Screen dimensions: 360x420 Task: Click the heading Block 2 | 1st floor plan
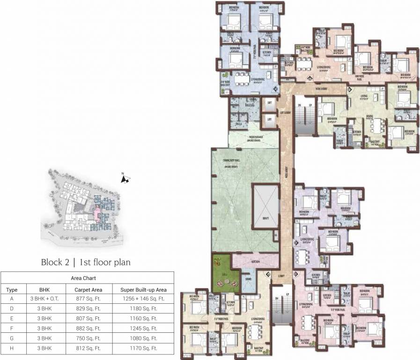click(86, 262)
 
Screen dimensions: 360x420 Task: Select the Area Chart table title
click(87, 278)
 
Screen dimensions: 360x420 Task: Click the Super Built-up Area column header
click(144, 290)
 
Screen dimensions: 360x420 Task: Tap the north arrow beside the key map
click(125, 179)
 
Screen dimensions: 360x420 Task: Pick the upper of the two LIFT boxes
click(269, 103)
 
